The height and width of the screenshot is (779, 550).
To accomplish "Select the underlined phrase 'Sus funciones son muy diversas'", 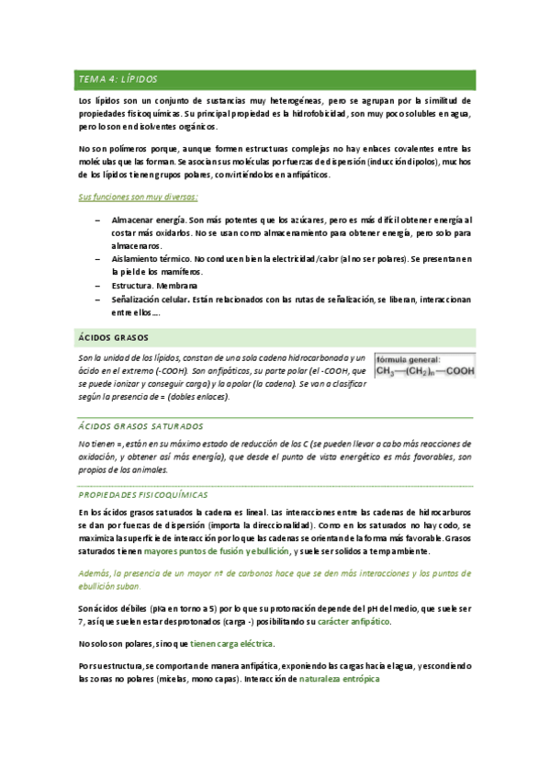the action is pos(138,198).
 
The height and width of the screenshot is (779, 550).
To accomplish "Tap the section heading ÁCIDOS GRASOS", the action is pos(114,337).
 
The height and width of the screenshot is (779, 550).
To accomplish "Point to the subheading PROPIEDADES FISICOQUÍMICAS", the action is pos(143,494).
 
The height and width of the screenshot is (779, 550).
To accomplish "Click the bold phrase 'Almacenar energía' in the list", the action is pos(147,220).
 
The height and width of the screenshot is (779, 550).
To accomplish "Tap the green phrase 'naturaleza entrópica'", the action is pos(340,680).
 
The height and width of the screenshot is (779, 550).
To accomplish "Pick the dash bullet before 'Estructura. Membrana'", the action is pos(97,286).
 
